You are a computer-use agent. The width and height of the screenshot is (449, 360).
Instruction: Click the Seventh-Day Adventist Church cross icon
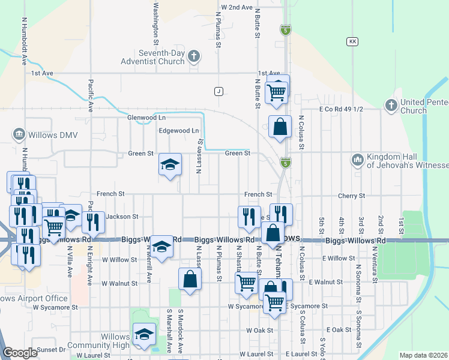pyautogui.click(x=193, y=57)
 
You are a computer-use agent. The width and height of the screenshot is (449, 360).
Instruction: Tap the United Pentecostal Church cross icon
pyautogui.click(x=391, y=106)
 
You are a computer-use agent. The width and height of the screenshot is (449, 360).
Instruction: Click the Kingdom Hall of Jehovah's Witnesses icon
pyautogui.click(x=358, y=160)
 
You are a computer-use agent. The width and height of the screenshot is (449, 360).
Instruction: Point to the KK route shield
pyautogui.click(x=352, y=41)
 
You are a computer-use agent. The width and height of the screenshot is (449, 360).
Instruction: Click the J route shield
pyautogui.click(x=218, y=91)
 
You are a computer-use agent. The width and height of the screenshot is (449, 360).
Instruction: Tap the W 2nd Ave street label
pyautogui.click(x=237, y=7)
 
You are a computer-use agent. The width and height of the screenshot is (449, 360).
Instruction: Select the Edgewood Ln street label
pyautogui.click(x=178, y=130)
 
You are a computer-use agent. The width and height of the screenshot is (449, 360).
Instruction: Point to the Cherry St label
pyautogui.click(x=351, y=196)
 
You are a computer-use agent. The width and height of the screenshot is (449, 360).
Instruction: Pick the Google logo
pyautogui.click(x=20, y=353)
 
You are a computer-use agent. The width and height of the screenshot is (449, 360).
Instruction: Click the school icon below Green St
pyautogui.click(x=170, y=165)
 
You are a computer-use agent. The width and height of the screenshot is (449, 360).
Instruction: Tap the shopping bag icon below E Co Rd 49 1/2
pyautogui.click(x=280, y=127)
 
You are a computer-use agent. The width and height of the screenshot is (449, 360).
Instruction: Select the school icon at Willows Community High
pyautogui.click(x=143, y=335)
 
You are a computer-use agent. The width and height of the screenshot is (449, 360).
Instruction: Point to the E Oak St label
pyautogui.click(x=339, y=330)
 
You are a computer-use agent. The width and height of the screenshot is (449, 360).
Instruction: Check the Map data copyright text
pyautogui.click(x=423, y=355)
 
